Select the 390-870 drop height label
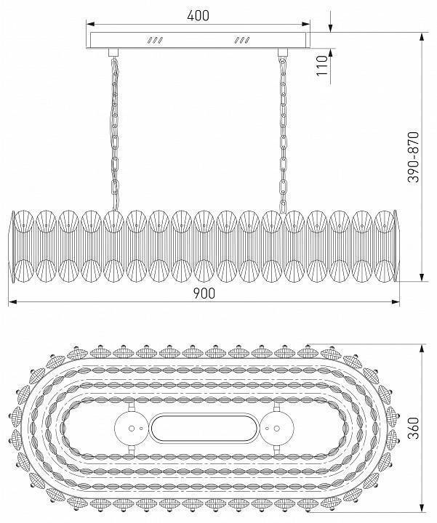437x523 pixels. point(414,156)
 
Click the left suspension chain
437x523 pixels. point(115,131)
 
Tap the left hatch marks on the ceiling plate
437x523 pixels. point(155,40)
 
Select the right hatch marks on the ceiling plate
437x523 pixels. point(241,40)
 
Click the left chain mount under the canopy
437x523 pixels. point(113,52)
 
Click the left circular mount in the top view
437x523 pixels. point(131,429)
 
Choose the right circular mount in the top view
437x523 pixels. point(276,429)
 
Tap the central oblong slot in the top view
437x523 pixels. point(204,429)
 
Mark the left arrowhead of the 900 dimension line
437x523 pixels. point(12,300)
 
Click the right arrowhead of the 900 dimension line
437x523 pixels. point(397,300)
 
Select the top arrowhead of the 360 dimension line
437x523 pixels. point(421,345)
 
